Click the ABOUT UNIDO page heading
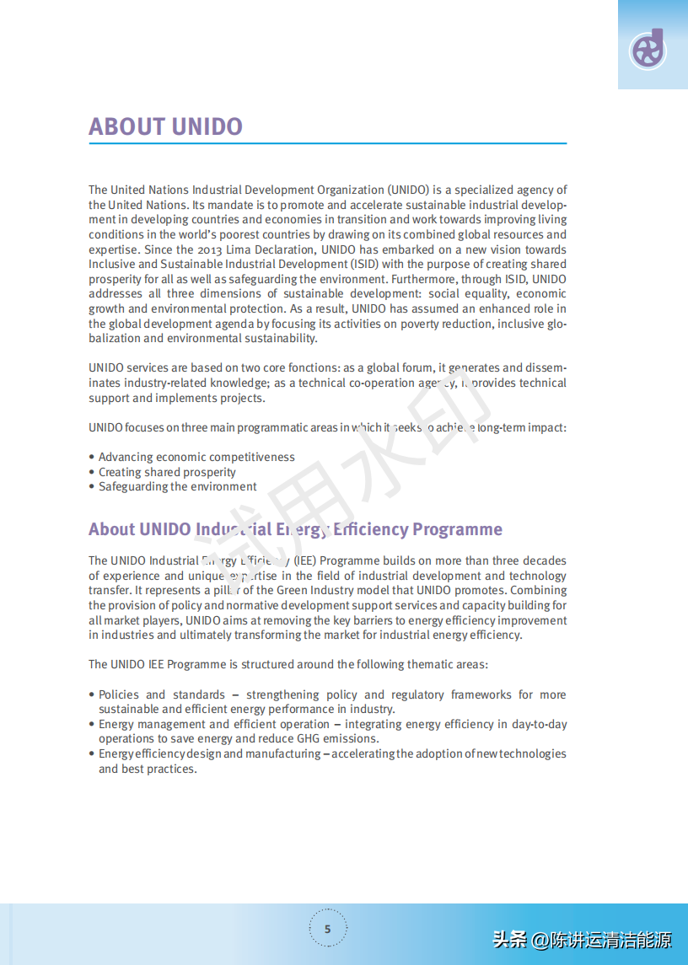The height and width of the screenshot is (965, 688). (165, 126)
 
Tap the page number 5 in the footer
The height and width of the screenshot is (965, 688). (328, 930)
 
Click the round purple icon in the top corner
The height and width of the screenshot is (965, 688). (648, 50)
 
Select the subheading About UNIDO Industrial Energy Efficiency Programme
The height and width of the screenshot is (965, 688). (295, 529)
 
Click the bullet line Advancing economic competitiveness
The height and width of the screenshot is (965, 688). (196, 457)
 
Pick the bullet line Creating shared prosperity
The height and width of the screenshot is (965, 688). (167, 472)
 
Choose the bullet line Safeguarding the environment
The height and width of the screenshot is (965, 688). (177, 486)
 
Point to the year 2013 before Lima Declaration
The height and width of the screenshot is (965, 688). (209, 249)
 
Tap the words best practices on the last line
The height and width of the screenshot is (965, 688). (159, 769)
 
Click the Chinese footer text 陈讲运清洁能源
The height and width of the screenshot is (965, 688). (611, 939)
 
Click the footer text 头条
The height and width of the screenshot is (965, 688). (509, 939)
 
